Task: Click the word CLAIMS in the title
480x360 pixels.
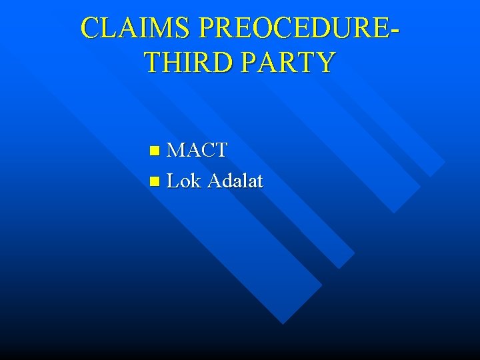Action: coord(136,28)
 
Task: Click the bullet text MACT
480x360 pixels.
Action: coord(197,150)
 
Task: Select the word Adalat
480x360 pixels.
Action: coord(235,181)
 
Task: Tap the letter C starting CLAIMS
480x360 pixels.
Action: coord(90,28)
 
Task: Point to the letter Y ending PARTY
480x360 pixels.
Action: coord(325,62)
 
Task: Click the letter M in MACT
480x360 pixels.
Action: coord(176,150)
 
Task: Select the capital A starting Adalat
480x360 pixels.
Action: coord(215,181)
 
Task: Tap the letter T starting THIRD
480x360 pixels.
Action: coord(153,62)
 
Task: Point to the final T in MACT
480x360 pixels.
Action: coord(220,150)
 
